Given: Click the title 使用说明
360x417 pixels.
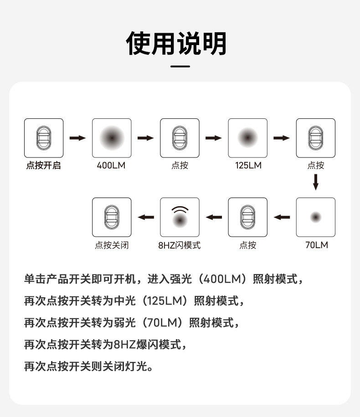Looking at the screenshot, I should (x=176, y=43).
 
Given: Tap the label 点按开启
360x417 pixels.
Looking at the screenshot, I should (x=43, y=166).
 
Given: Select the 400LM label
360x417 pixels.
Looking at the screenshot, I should (x=111, y=166).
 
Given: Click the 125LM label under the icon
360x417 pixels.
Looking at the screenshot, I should (x=248, y=166).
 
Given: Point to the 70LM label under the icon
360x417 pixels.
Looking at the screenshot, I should (x=316, y=245).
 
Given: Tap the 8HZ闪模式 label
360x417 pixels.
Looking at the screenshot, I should (x=179, y=245).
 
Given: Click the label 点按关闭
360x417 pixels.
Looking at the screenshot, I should (x=112, y=245).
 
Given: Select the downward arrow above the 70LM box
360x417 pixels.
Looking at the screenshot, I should (x=316, y=182).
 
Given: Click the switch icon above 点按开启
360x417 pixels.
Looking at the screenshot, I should (x=43, y=138).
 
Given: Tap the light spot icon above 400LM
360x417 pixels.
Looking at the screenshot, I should (x=112, y=138).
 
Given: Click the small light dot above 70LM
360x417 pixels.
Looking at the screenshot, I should (x=316, y=217).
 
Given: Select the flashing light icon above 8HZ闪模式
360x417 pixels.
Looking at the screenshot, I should (x=180, y=217).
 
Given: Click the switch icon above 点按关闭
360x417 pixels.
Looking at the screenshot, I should (x=112, y=217).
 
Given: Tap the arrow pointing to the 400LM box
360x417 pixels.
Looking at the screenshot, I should (x=77, y=138).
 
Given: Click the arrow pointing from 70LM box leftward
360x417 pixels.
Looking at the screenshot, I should (x=282, y=217).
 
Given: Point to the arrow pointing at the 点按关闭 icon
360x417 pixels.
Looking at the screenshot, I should (x=146, y=217).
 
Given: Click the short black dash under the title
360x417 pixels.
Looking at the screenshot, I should (x=180, y=66).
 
